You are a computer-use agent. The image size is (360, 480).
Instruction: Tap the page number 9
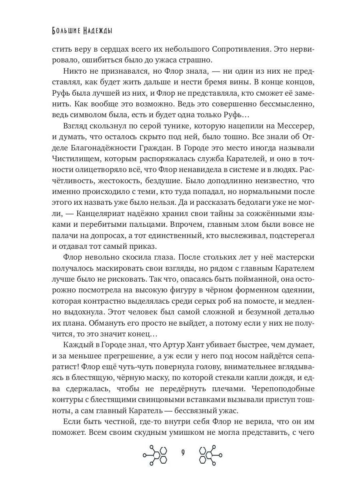[x=182, y=453]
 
